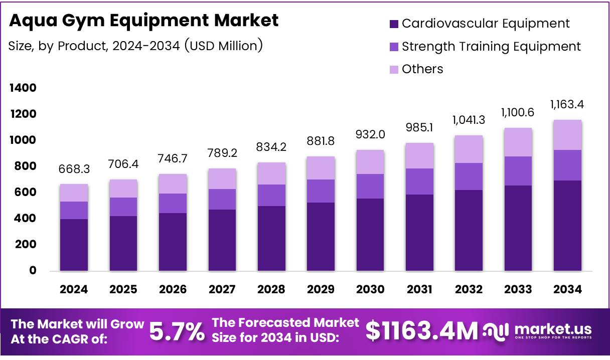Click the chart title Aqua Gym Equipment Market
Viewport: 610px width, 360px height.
tap(144, 21)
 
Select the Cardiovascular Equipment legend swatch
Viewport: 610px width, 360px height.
tap(394, 24)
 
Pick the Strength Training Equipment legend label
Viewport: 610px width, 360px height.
tap(491, 47)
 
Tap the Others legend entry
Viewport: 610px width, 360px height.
tap(422, 69)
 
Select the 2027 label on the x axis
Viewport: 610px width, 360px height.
tap(222, 290)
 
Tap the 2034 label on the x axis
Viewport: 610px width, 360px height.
tap(567, 290)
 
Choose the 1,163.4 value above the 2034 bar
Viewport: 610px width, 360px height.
tap(567, 105)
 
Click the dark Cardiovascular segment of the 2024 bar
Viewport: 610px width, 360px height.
tap(74, 245)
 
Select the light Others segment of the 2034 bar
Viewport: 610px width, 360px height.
tap(567, 135)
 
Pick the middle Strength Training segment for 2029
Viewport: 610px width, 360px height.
tap(321, 191)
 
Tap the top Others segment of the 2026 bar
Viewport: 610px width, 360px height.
tap(173, 184)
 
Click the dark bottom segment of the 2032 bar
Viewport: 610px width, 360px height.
tap(469, 231)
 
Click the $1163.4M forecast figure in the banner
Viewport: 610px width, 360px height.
tap(421, 331)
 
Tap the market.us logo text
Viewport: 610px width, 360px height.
tap(552, 329)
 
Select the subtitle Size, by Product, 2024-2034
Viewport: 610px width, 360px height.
tap(135, 46)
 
